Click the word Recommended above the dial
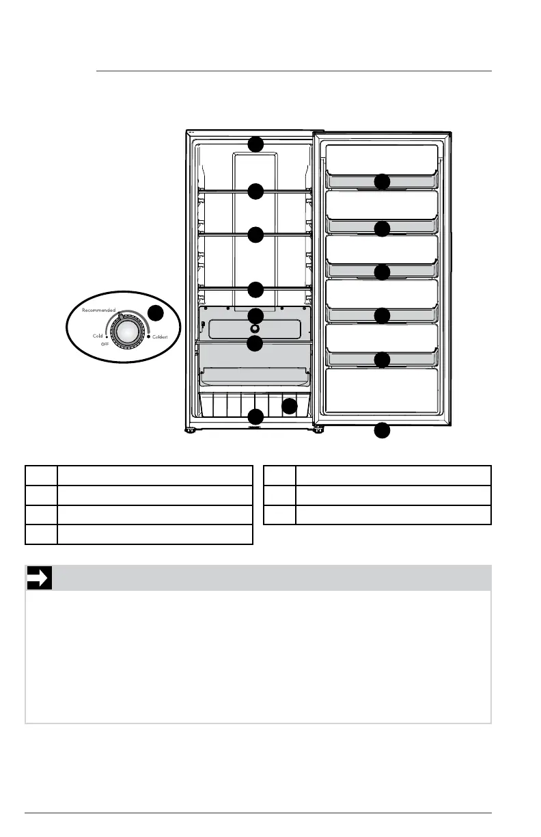100,310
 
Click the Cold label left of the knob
98,336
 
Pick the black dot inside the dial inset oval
156,313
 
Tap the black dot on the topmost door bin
383,182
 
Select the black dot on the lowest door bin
383,360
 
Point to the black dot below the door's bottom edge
383,431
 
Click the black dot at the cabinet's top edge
255,144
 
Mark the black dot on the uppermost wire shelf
255,191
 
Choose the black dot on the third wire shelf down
255,289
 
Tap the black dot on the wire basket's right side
290,406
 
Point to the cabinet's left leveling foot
191,430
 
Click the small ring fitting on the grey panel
255,328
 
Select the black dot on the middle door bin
383,272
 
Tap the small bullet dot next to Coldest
148,336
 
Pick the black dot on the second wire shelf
255,235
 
